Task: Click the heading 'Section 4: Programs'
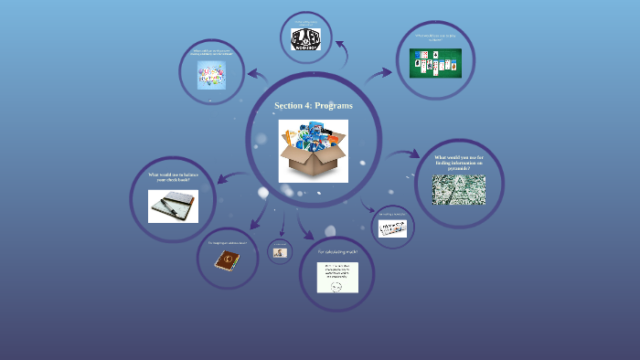(x=313, y=106)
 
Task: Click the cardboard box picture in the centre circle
(x=313, y=150)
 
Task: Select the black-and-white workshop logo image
(x=306, y=39)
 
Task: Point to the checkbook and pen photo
(x=173, y=206)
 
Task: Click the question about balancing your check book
(x=173, y=177)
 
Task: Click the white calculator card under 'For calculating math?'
(x=337, y=278)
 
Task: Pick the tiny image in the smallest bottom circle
(x=280, y=252)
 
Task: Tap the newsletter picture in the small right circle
(x=391, y=229)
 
